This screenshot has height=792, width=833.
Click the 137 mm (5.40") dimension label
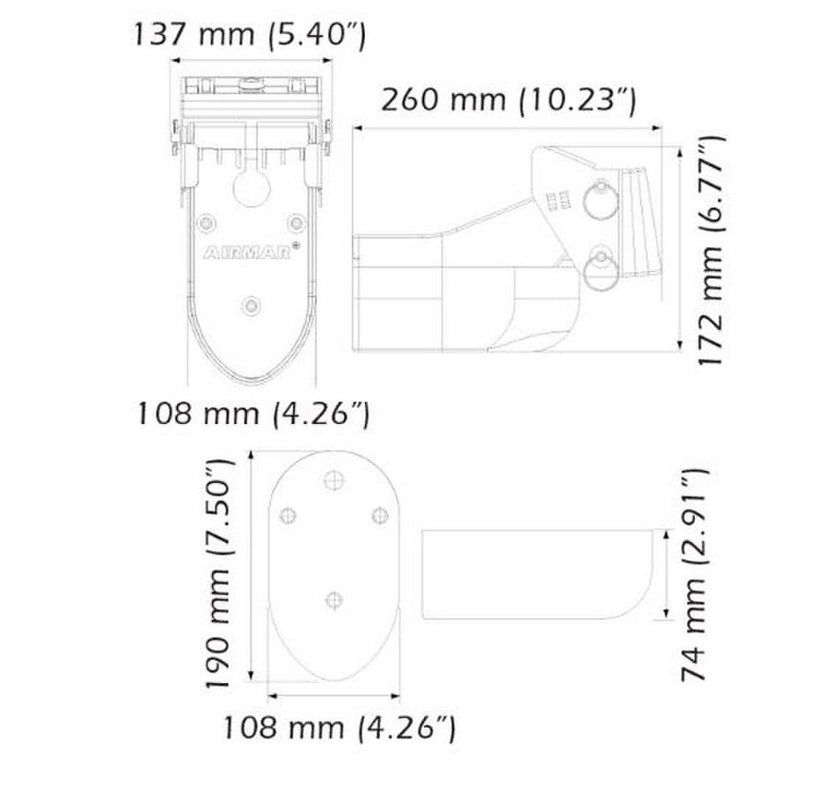(249, 35)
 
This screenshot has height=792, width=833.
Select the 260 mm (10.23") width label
(508, 99)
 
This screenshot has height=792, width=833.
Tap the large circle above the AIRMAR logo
(252, 187)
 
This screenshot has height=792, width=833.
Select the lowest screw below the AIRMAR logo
(252, 304)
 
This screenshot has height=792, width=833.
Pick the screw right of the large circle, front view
(296, 221)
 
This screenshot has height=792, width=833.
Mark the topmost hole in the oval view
(332, 480)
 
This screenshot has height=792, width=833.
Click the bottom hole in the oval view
(332, 599)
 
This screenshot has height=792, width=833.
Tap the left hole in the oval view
(286, 516)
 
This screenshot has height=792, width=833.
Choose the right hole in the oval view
(379, 514)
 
